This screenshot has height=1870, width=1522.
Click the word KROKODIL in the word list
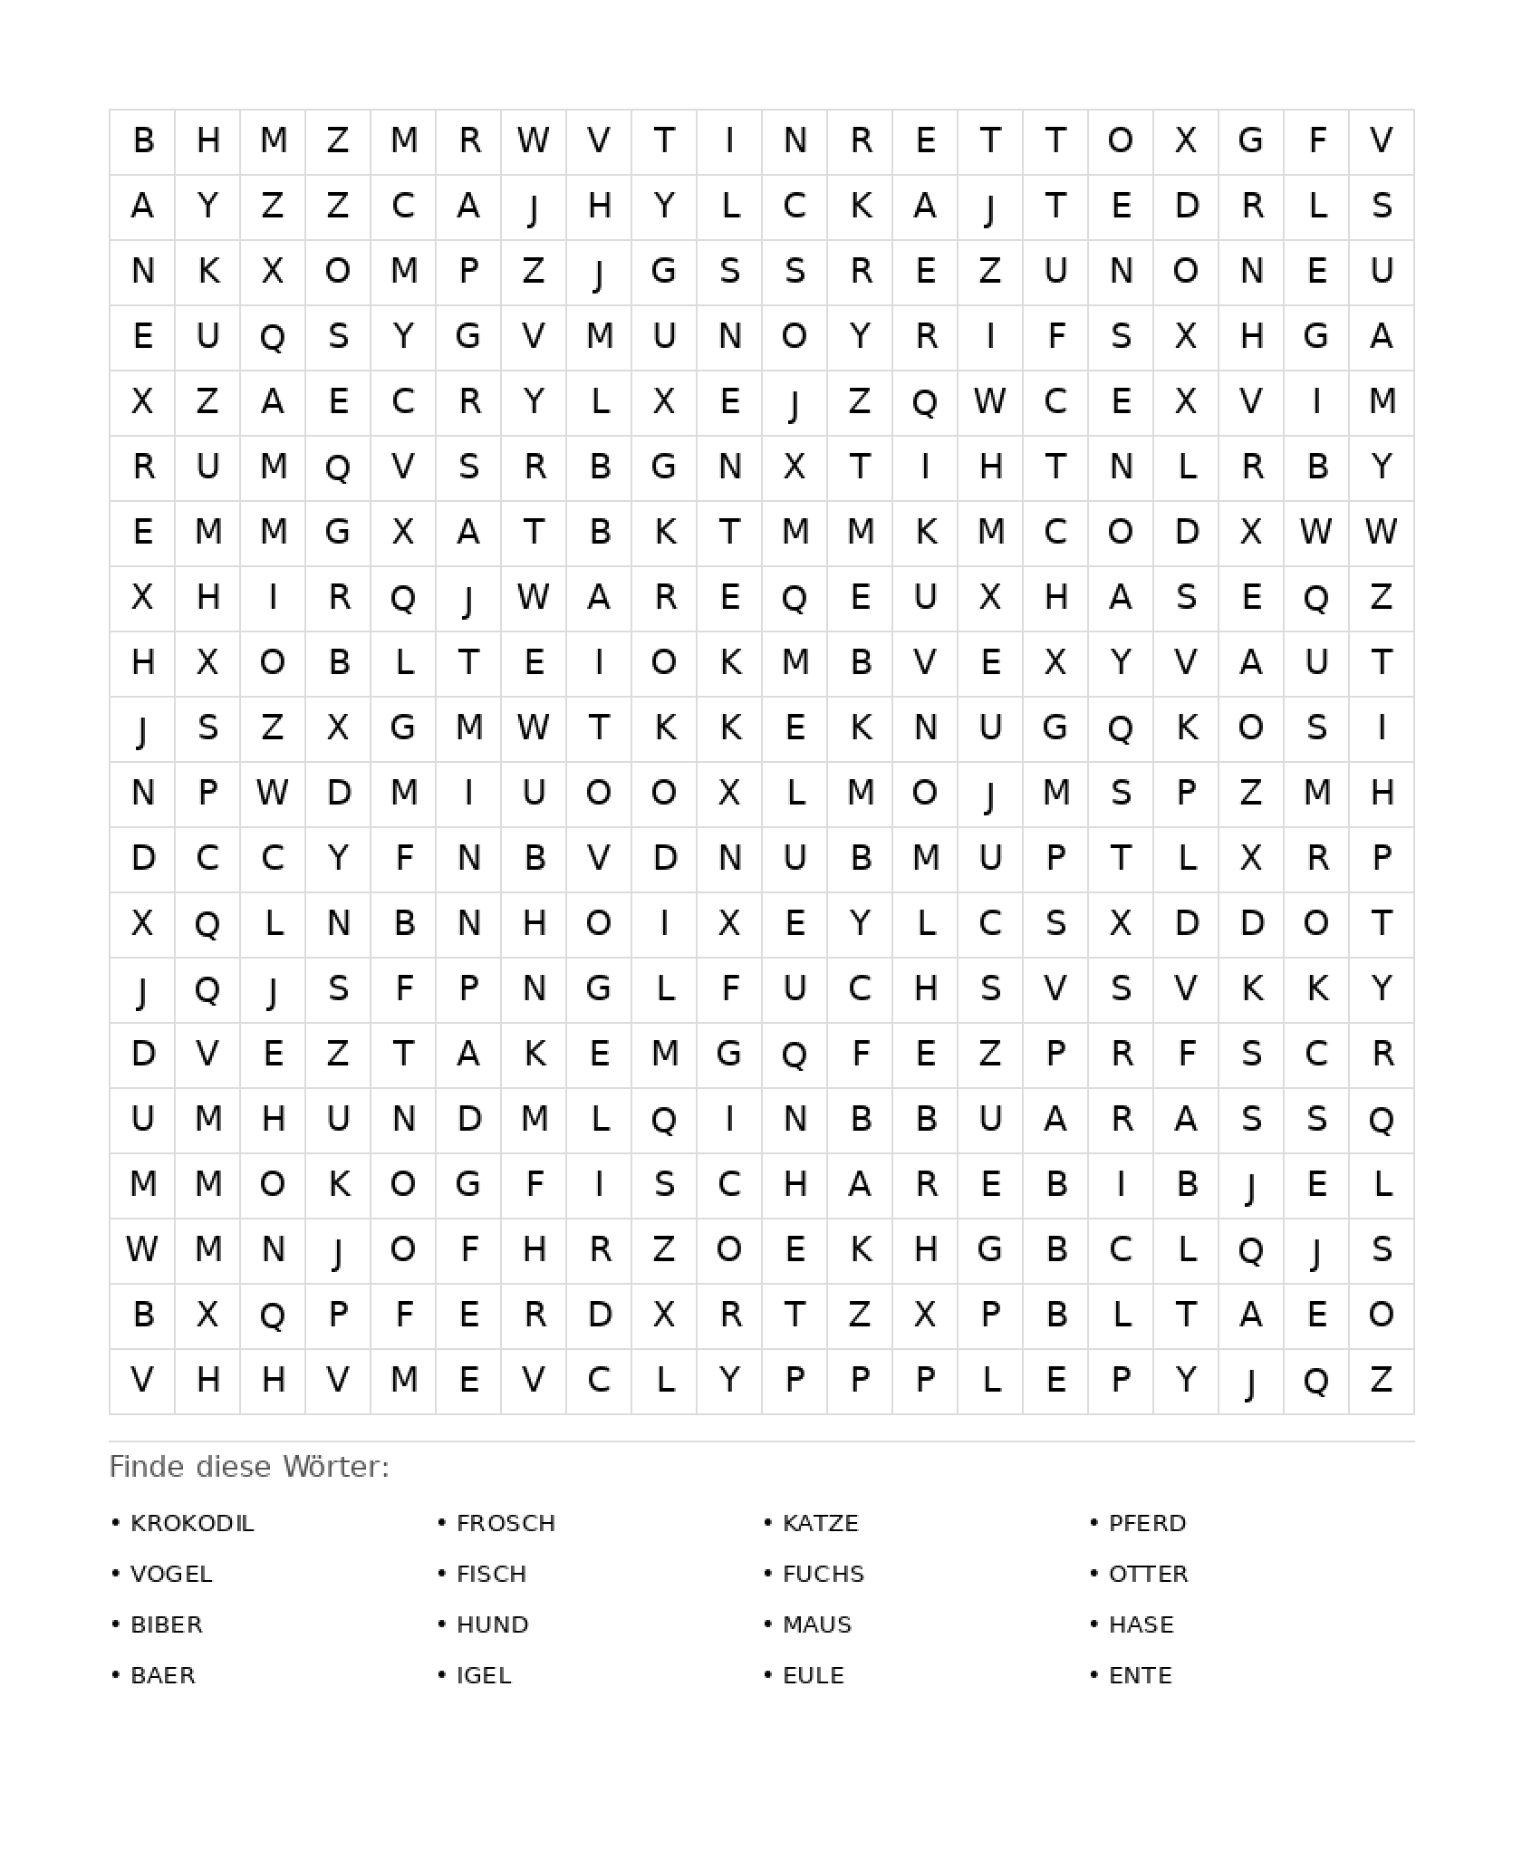point(192,1523)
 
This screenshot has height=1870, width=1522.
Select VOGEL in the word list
point(171,1574)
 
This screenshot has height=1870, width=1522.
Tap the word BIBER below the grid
point(167,1624)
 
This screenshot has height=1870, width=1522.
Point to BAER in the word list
point(163,1675)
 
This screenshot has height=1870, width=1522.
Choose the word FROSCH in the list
point(506,1523)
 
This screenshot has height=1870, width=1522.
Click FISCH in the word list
point(492,1574)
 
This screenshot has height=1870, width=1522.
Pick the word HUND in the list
point(493,1624)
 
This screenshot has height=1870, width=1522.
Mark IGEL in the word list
point(484,1675)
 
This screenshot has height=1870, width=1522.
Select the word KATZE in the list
point(821,1523)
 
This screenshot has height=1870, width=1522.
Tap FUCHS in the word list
point(824,1574)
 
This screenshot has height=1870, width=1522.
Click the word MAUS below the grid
point(817,1624)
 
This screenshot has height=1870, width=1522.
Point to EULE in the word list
point(814,1675)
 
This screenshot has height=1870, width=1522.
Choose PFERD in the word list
point(1148,1523)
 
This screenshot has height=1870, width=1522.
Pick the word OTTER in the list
point(1149,1574)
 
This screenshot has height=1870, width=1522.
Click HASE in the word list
point(1141,1624)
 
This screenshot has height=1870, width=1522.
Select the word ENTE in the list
point(1141,1675)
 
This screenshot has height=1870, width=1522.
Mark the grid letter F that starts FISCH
point(535,1184)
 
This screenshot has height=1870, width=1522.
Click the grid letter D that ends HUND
point(469,1119)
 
